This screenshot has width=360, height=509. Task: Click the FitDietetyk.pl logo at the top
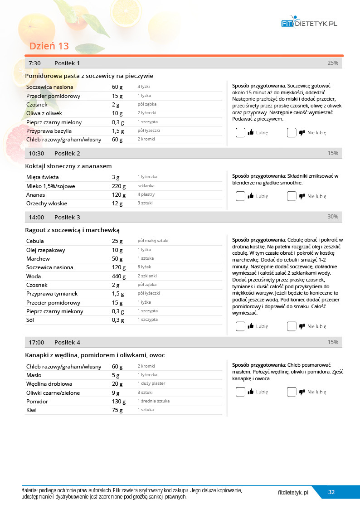[309, 23]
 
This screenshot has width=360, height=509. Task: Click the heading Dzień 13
[49, 46]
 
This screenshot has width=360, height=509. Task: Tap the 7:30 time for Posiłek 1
[34, 63]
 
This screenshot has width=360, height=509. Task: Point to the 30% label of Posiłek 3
[333, 217]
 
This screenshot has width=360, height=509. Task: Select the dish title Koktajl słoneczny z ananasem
[68, 166]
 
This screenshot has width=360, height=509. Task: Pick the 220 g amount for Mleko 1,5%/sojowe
[119, 186]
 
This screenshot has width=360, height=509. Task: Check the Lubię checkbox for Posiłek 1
[240, 133]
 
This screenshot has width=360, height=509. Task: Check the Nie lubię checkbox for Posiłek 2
[292, 196]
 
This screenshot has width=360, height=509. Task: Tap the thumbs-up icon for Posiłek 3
[250, 326]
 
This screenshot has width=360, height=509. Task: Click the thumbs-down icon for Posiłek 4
[302, 392]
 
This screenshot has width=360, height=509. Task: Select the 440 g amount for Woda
[119, 276]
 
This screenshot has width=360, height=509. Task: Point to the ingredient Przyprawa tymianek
[52, 294]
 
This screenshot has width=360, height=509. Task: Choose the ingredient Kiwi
[32, 410]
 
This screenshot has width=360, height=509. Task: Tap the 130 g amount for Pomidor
[119, 402]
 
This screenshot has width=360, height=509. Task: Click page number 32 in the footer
[331, 492]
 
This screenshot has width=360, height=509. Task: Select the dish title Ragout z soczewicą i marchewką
[72, 230]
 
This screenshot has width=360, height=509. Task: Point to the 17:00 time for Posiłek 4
[36, 342]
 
